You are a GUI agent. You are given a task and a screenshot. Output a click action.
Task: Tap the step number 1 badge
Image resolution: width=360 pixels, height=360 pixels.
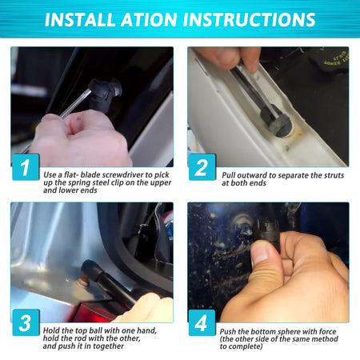click(26, 167)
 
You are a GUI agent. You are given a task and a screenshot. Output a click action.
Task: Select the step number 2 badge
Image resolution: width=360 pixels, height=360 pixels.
click(202, 167)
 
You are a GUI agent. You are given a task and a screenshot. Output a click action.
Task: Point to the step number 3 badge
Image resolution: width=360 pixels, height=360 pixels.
click(26, 322)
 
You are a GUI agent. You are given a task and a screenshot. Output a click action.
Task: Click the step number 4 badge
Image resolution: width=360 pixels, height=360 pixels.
click(202, 322)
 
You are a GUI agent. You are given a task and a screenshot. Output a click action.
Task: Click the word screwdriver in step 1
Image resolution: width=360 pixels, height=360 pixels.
click(123, 175)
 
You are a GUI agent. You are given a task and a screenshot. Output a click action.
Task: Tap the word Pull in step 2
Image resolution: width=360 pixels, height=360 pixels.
click(229, 175)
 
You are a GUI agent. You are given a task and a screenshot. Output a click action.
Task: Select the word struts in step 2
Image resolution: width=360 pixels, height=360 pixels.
click(334, 175)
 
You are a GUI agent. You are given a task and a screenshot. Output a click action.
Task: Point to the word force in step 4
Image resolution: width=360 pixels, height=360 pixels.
click(327, 331)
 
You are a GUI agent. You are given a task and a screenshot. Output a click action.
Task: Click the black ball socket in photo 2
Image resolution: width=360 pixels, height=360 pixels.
click(276, 121)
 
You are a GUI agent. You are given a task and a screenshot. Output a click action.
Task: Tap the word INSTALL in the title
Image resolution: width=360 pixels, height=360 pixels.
click(80, 19)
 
